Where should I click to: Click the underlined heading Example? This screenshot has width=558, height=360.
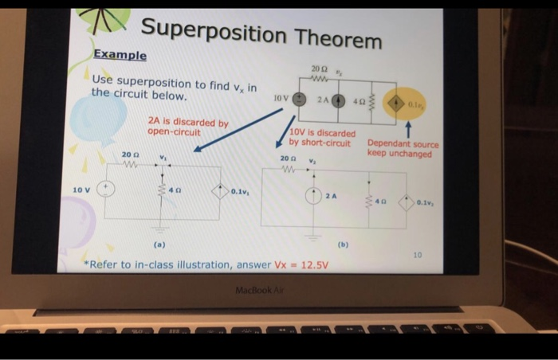(x=120, y=55)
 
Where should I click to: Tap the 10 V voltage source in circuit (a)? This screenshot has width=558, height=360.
(x=106, y=190)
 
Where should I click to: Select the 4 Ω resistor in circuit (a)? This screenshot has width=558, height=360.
(x=163, y=191)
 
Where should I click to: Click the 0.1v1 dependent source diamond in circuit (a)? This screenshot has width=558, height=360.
(x=219, y=191)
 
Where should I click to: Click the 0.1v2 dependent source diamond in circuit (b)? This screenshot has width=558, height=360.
(x=407, y=202)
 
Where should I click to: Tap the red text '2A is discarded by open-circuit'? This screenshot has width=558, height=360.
(x=188, y=127)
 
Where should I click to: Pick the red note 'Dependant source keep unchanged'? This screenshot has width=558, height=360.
(x=403, y=149)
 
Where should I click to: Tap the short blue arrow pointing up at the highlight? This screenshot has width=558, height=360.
(x=409, y=129)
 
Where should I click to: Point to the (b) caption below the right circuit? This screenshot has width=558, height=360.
(x=343, y=245)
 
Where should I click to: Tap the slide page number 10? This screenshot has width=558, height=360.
(x=417, y=254)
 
